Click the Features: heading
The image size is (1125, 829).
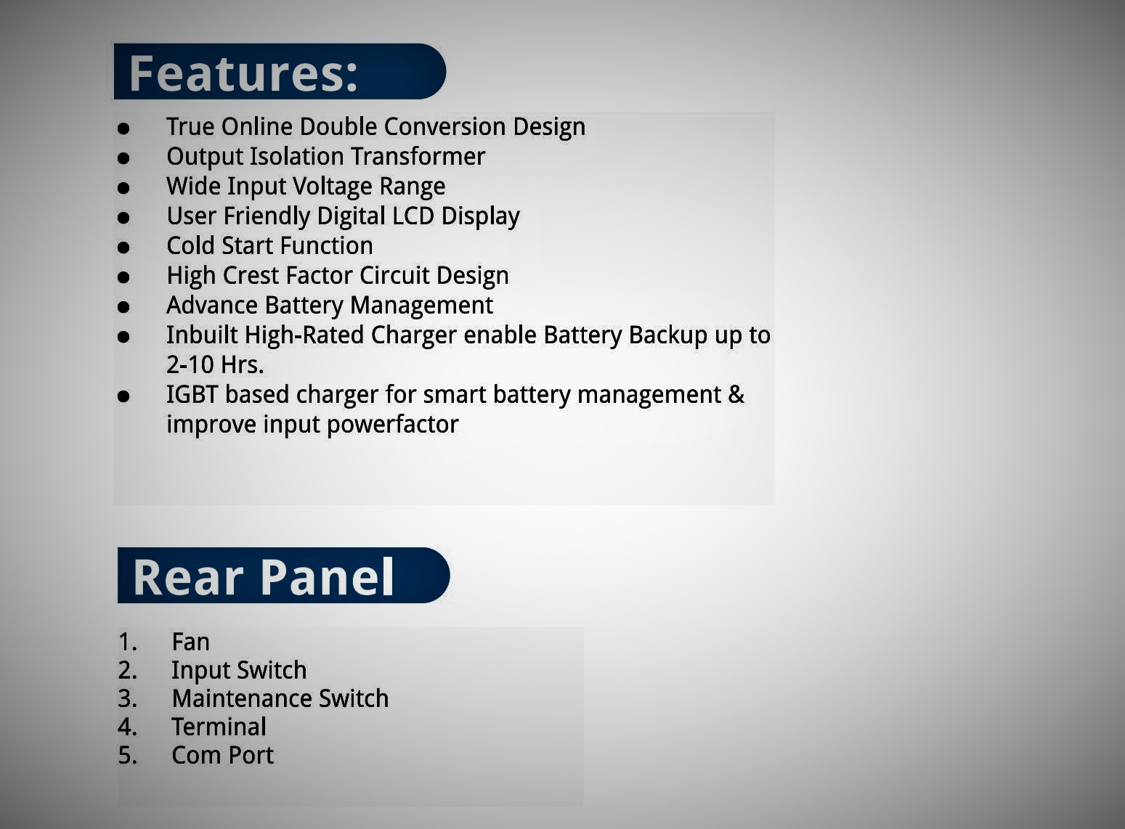(243, 73)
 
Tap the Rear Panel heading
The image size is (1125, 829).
(263, 577)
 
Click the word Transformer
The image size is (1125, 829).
(418, 156)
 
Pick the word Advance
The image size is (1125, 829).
(212, 305)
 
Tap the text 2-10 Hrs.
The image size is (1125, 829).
(215, 364)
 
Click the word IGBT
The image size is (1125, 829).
(192, 394)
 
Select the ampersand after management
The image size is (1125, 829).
(736, 394)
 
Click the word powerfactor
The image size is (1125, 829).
(393, 425)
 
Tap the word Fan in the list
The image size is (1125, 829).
(190, 642)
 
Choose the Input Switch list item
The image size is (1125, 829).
(239, 670)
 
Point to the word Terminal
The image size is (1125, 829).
(219, 727)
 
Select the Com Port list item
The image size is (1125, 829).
(222, 755)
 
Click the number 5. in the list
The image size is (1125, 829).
(128, 755)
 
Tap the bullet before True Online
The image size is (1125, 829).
(123, 128)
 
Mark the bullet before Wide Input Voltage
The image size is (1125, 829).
(123, 188)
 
